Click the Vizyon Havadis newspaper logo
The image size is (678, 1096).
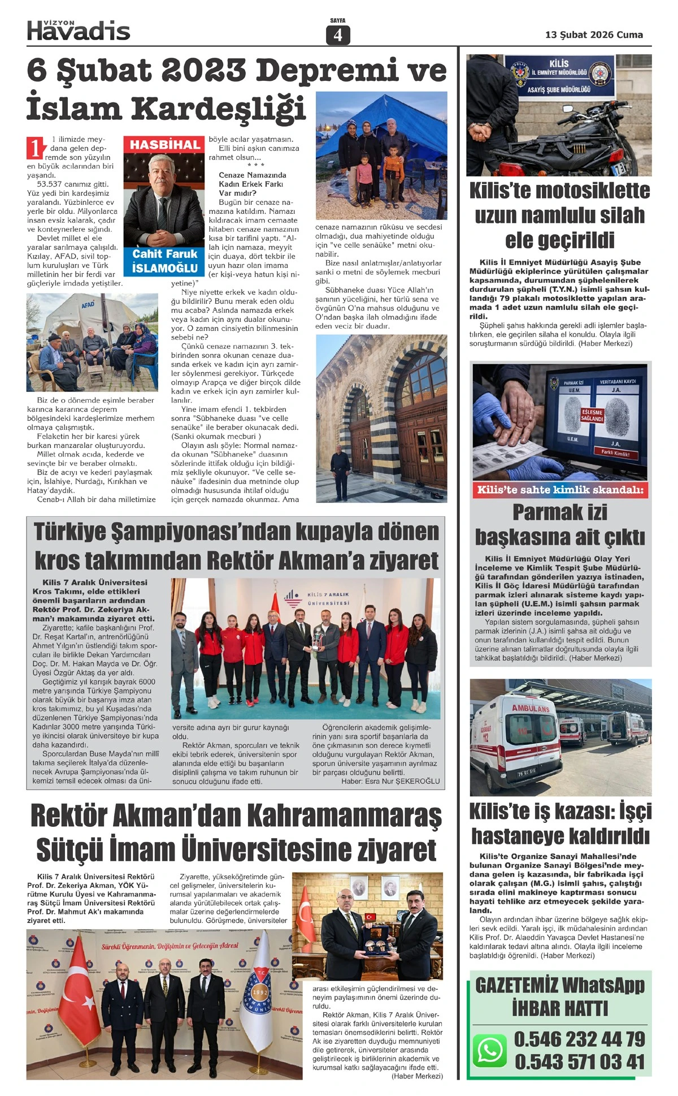click(x=79, y=30)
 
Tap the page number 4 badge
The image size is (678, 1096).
click(x=338, y=35)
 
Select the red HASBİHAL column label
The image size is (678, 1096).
click(x=165, y=145)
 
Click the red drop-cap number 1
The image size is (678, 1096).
click(x=35, y=148)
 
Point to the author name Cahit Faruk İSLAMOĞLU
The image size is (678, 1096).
click(x=164, y=261)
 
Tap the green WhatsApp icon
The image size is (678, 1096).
click(x=489, y=1050)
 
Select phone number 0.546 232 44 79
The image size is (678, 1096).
click(x=579, y=1039)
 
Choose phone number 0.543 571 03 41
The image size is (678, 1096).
click(x=579, y=1062)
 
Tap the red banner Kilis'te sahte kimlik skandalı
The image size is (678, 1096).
click(x=560, y=490)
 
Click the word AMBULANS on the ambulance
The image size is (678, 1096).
click(x=531, y=708)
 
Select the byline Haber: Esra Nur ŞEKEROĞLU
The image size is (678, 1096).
click(x=390, y=781)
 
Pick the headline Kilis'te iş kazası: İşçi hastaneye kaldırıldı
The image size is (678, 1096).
click(x=560, y=823)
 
